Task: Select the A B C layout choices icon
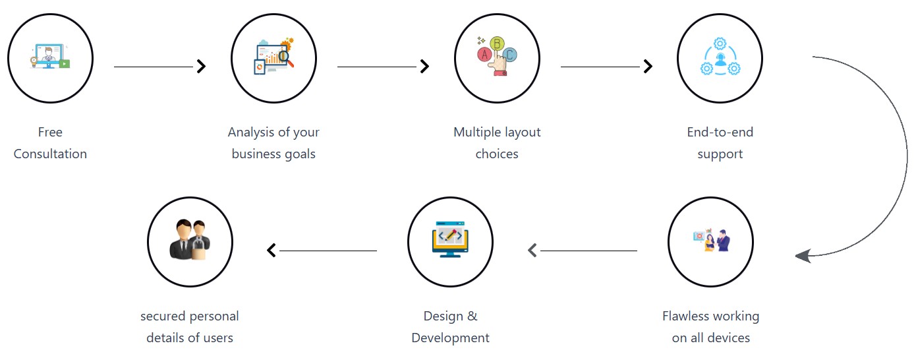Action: [497, 58]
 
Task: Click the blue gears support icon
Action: [720, 58]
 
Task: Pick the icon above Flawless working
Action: [710, 241]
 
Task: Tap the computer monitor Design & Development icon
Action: [450, 241]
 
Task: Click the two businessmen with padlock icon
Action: [190, 240]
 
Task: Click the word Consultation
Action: [50, 154]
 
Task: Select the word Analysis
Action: [250, 133]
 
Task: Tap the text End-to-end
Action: [720, 133]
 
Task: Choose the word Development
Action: [450, 338]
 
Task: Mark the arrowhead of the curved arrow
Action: [803, 256]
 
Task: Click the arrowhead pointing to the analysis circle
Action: [202, 66]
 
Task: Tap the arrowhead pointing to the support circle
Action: [648, 66]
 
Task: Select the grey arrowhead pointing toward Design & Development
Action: [532, 251]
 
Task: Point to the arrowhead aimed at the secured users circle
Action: [272, 251]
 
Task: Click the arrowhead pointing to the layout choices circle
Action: [425, 66]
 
